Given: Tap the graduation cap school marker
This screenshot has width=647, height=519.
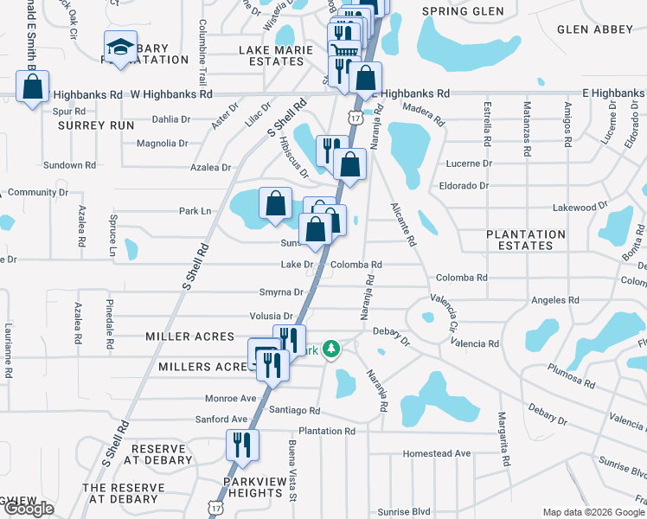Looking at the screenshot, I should (x=120, y=48).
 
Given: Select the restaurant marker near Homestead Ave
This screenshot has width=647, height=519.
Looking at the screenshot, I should (x=241, y=445).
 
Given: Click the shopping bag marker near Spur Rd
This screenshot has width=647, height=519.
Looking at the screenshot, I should (x=33, y=87).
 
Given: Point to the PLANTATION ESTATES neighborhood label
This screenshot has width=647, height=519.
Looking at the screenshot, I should (x=525, y=240).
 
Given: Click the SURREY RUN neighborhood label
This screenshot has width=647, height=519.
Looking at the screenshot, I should (x=96, y=125).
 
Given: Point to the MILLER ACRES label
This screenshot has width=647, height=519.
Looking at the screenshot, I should (x=189, y=336).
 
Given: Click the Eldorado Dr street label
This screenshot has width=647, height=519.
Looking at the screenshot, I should (x=464, y=185).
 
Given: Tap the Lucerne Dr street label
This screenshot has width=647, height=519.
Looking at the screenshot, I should (x=468, y=163).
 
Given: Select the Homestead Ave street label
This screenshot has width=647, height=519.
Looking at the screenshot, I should (x=436, y=453).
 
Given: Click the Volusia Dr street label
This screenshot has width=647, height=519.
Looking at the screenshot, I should (x=271, y=317).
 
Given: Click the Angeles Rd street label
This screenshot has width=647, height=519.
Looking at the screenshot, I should (x=554, y=300).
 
